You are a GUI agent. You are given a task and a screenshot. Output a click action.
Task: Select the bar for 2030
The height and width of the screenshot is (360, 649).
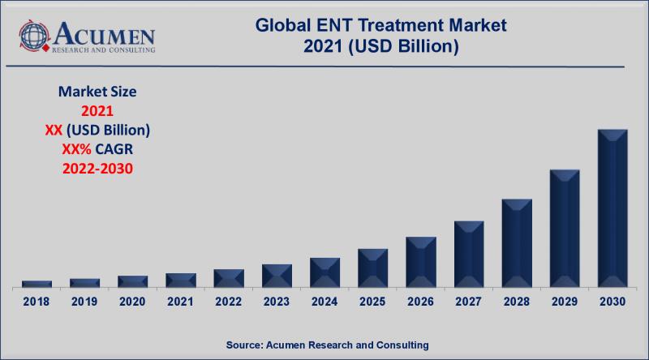coord(612,208)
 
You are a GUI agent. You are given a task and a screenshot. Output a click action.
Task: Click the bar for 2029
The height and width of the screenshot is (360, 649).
coord(565,229)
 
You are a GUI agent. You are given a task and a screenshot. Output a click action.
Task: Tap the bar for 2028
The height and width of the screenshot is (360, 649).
coord(517,243)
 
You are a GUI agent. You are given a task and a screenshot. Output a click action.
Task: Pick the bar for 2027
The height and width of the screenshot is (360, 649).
coord(469,254)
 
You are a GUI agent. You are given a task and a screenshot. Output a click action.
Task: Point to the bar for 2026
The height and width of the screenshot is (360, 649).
coord(421,262)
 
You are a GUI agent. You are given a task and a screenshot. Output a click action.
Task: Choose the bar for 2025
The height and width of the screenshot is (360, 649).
coord(373,268)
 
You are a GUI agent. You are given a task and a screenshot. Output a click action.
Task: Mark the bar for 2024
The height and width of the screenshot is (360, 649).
coord(324,272)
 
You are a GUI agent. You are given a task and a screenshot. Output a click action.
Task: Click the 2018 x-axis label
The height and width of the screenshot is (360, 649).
coord(37,302)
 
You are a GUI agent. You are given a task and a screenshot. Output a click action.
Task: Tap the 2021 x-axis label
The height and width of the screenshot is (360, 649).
coord(180,302)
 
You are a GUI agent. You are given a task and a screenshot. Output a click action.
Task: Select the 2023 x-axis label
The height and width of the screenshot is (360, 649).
coord(277,302)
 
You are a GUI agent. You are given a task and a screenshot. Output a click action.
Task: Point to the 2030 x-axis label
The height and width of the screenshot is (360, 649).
coord(612,302)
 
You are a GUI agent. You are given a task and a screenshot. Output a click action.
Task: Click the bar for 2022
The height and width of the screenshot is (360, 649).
coord(229,278)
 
